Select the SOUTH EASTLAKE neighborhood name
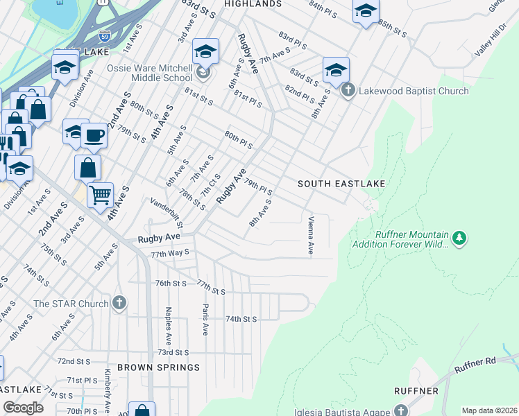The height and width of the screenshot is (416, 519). pyautogui.click(x=341, y=184)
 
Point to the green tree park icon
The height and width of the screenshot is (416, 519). pyautogui.click(x=459, y=239)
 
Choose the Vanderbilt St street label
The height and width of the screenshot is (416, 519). pyautogui.click(x=166, y=211)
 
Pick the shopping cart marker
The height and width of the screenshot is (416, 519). pyautogui.click(x=100, y=195)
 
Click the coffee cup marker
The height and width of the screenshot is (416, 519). pyautogui.click(x=94, y=135)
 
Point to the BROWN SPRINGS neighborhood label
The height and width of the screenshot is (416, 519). pyautogui.click(x=158, y=367)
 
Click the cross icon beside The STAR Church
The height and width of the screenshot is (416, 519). pyautogui.click(x=119, y=303)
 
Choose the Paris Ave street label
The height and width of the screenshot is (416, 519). pyautogui.click(x=205, y=318)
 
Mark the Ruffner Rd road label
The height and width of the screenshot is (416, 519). pyautogui.click(x=475, y=367)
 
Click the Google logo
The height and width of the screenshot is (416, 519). pyautogui.click(x=23, y=408)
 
